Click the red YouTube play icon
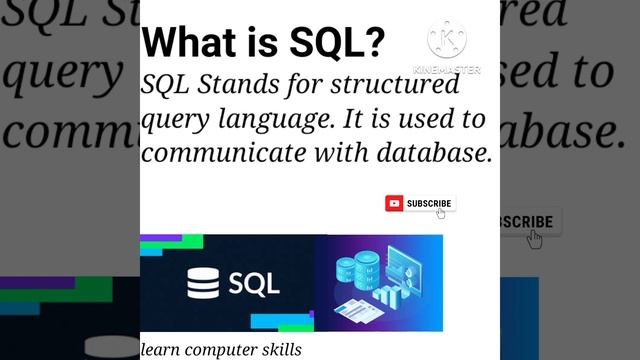(x=395, y=203)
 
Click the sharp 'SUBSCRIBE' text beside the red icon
(x=429, y=203)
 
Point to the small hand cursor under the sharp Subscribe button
(x=441, y=213)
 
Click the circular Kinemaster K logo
(x=446, y=39)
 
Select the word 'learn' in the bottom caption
(x=156, y=350)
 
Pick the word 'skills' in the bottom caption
(x=276, y=350)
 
